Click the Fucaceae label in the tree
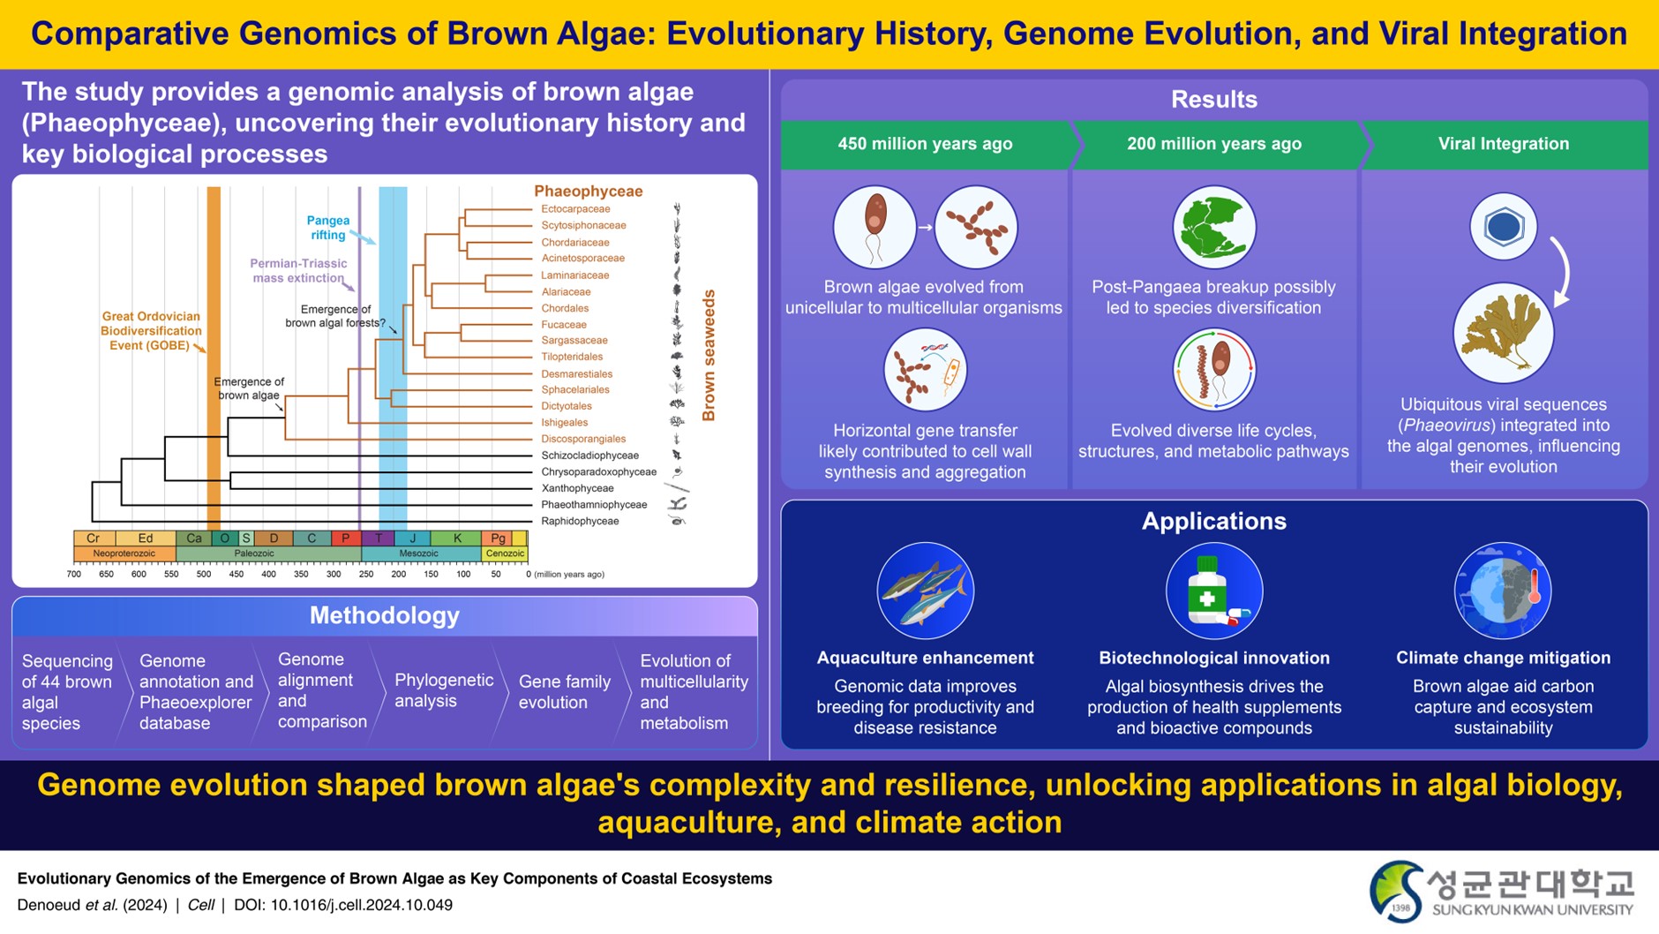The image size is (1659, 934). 564,325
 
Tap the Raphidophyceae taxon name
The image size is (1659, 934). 580,522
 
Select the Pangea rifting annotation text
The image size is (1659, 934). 327,228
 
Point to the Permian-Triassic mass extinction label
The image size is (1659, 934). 298,271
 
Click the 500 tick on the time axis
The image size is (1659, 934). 204,575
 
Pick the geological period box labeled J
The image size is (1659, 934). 412,539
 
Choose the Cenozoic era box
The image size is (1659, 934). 505,554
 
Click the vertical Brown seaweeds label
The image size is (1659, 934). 709,356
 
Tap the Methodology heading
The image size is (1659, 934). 384,616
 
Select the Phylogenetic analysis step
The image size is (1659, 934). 444,690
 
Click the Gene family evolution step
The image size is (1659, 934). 564,692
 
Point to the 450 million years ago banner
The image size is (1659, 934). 925,144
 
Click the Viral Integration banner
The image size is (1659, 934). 1504,144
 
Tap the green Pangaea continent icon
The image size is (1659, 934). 1214,227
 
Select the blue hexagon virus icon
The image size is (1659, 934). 1504,227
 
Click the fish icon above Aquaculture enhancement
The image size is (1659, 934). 925,591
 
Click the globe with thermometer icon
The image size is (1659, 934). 1503,591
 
